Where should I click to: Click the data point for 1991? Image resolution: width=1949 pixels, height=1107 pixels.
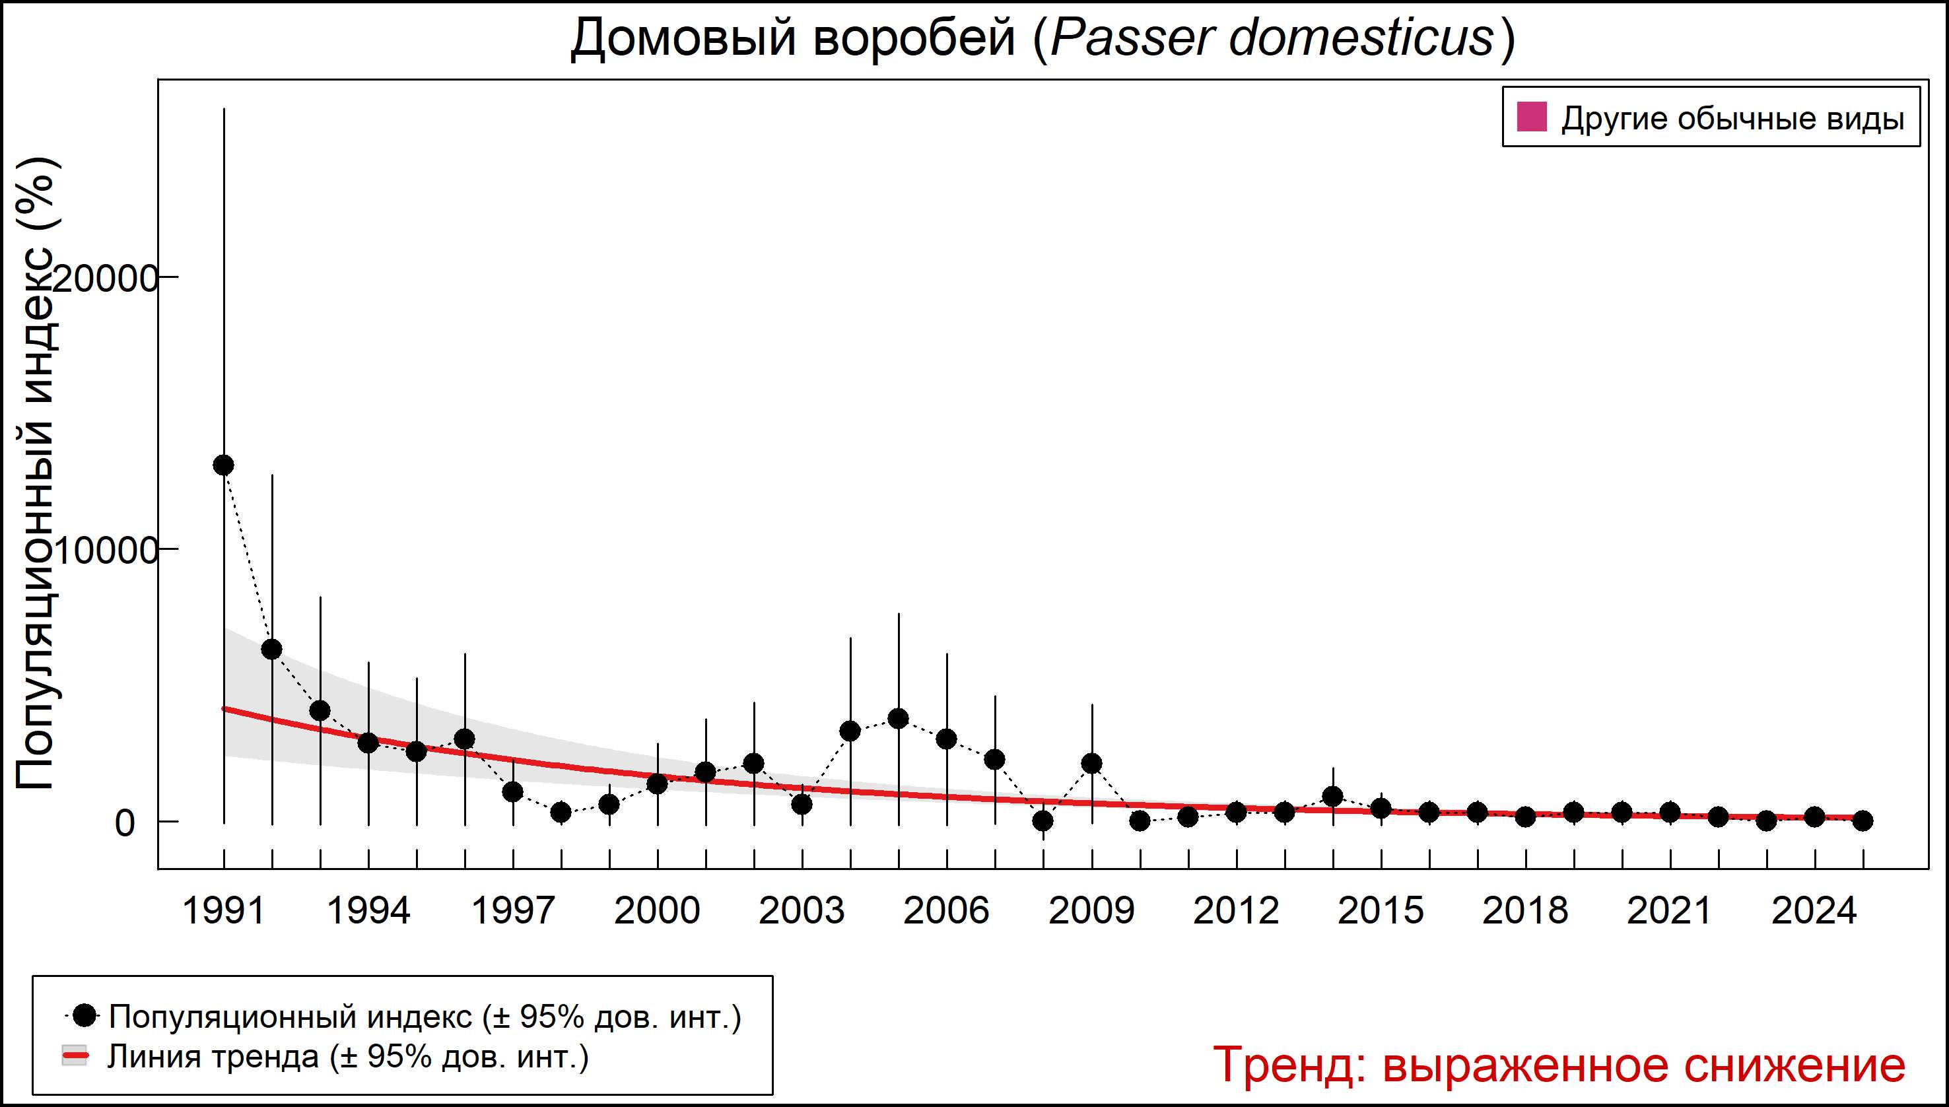point(224,465)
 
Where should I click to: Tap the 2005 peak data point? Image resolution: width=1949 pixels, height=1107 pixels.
point(898,718)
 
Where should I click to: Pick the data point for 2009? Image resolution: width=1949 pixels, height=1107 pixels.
point(1091,763)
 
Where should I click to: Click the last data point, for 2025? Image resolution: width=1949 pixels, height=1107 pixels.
point(1863,821)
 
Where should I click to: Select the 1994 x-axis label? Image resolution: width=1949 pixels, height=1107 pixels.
point(368,911)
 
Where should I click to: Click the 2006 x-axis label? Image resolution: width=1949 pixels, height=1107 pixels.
point(946,911)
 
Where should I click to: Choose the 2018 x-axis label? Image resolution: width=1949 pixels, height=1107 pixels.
point(1524,911)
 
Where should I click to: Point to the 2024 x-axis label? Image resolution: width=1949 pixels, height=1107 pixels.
point(1814,911)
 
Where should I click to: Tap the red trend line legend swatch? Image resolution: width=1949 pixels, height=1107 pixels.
point(75,1057)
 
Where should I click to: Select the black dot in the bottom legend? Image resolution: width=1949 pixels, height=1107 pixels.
point(86,1015)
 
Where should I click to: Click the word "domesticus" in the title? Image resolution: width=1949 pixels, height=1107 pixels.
point(1361,38)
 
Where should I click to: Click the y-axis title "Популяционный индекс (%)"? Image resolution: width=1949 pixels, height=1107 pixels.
point(36,473)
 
